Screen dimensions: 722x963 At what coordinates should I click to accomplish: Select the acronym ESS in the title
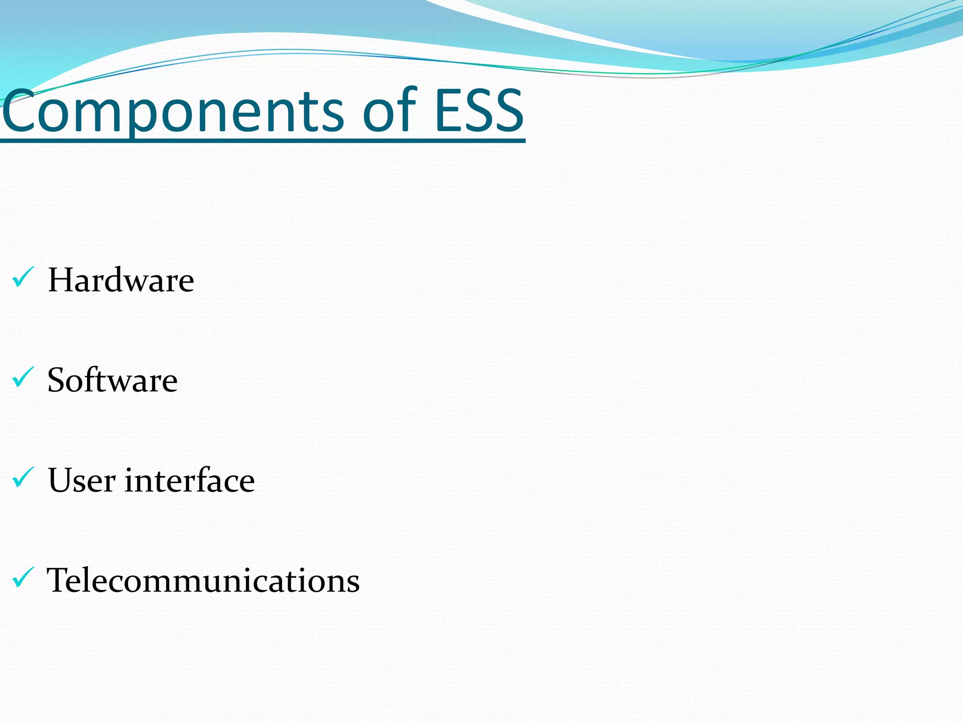pyautogui.click(x=478, y=111)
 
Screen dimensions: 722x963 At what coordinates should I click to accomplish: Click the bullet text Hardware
pyautogui.click(x=121, y=280)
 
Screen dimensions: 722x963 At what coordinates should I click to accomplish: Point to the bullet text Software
pyautogui.click(x=112, y=380)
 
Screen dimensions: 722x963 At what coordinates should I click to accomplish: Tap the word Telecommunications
pyautogui.click(x=203, y=581)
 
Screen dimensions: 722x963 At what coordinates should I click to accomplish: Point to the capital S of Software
pyautogui.click(x=58, y=380)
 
